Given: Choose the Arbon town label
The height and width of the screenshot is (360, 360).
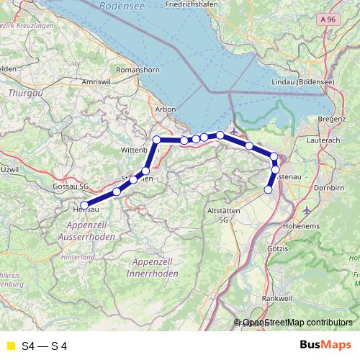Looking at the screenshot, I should [x=166, y=110].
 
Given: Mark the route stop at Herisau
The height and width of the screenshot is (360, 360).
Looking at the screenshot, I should [x=84, y=205].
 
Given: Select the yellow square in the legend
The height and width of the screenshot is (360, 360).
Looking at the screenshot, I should [x=10, y=346].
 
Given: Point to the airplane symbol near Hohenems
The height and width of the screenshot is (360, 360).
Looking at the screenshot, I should [x=309, y=210].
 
